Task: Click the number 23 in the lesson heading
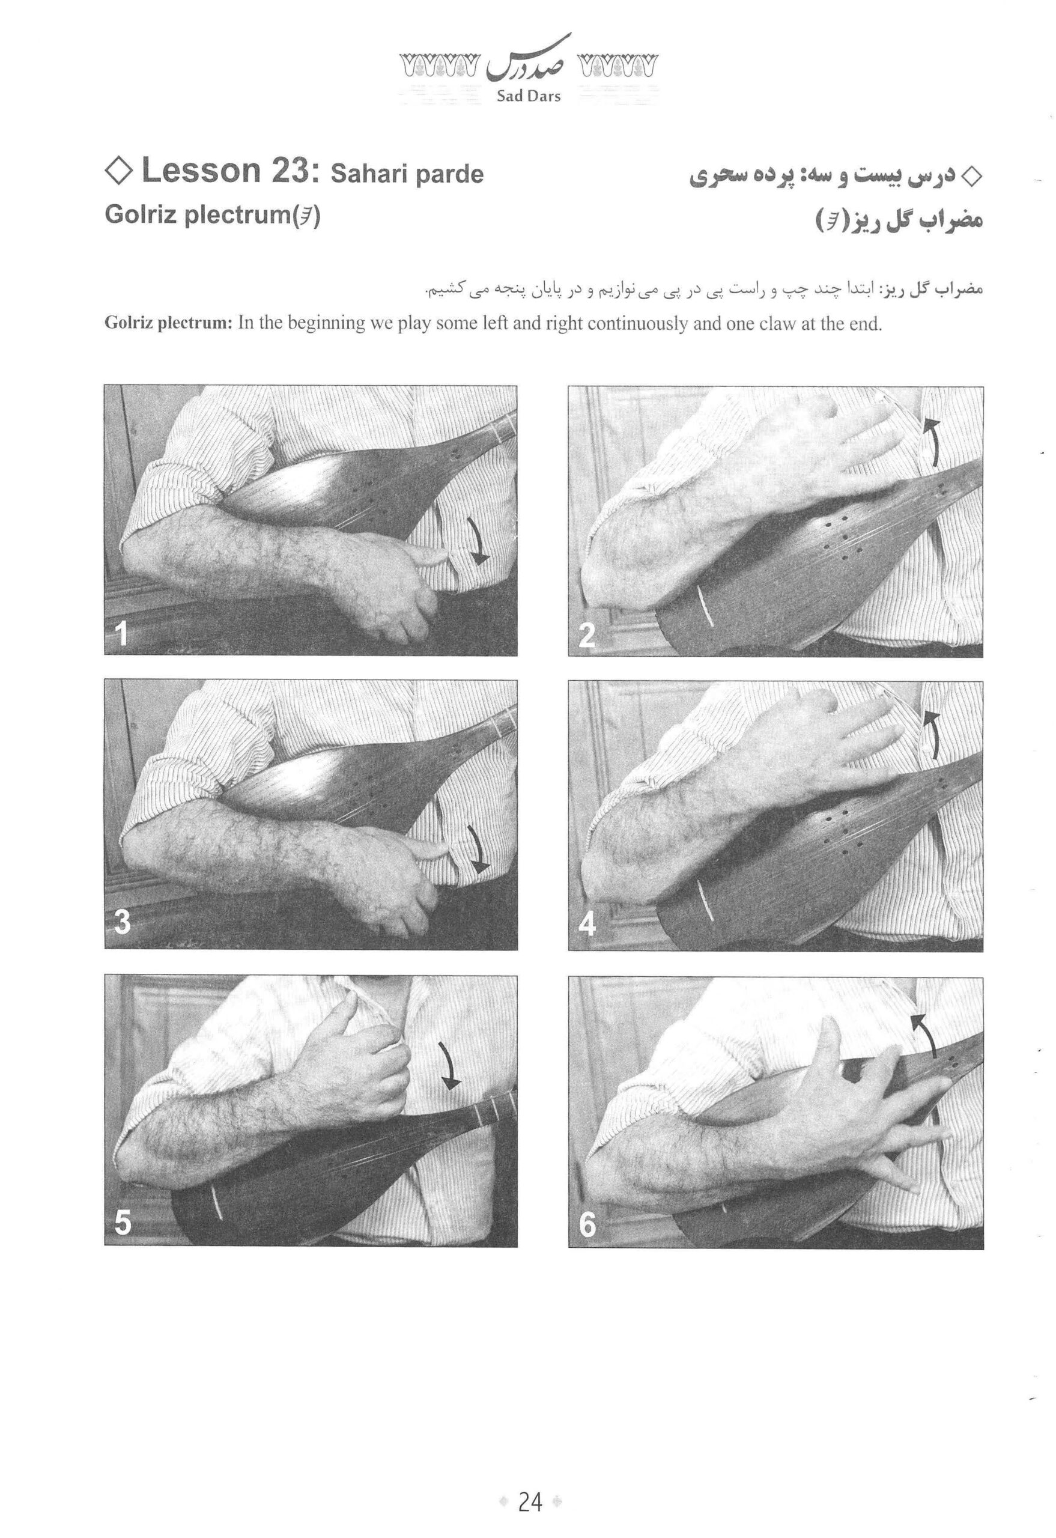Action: pyautogui.click(x=285, y=171)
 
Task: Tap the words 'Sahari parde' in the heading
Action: pyautogui.click(x=407, y=174)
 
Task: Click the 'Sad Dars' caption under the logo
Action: pyautogui.click(x=528, y=96)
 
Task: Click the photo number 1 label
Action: pyautogui.click(x=121, y=633)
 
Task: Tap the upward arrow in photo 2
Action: pyautogui.click(x=933, y=440)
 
